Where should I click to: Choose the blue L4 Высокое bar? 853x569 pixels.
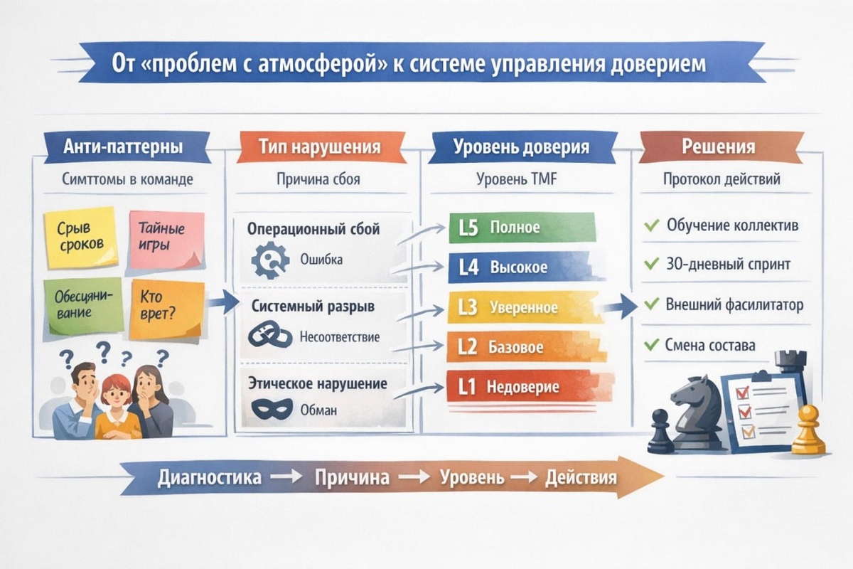pos(519,268)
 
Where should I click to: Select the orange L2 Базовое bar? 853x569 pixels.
pos(519,348)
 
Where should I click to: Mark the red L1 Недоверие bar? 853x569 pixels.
pos(519,388)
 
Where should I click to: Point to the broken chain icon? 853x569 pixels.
pos(270,336)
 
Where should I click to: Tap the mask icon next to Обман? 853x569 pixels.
pos(271,410)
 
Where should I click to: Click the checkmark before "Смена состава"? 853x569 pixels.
pos(650,346)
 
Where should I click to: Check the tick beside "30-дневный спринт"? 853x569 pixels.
pos(650,265)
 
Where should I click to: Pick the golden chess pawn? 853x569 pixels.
pos(808,430)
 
